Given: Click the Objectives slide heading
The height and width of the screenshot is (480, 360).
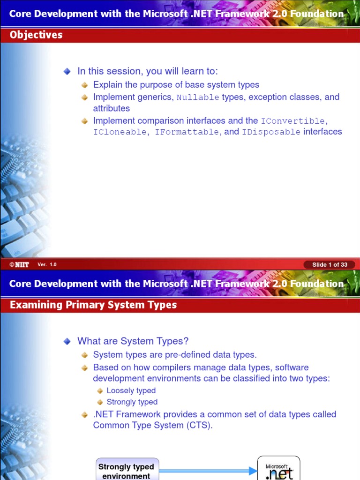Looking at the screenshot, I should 36,35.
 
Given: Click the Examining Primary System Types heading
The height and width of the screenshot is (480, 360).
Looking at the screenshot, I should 93,305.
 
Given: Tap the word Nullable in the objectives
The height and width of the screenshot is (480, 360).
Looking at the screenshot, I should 198,97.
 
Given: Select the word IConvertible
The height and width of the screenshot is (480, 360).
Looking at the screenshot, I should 292,121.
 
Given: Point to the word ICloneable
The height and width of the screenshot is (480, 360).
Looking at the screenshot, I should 120,132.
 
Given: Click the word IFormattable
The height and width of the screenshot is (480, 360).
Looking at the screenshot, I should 187,132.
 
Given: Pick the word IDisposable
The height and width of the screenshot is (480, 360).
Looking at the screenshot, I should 271,132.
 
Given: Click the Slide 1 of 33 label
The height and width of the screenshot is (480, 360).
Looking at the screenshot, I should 330,264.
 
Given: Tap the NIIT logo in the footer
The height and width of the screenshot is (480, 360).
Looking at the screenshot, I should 19,264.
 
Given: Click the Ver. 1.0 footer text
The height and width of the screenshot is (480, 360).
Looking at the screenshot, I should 47,264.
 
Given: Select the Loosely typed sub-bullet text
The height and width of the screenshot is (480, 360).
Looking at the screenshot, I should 131,390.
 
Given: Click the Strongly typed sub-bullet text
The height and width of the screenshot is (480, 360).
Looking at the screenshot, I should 132,402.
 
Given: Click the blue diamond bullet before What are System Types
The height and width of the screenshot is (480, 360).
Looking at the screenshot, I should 67,341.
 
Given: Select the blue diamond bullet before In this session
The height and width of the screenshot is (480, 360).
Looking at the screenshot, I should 67,71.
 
